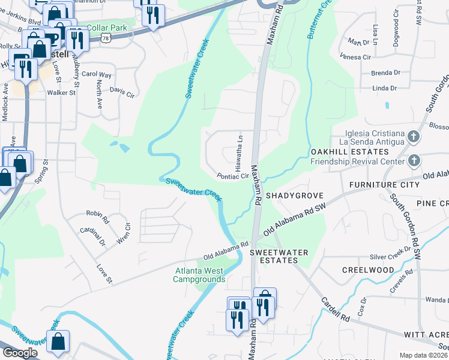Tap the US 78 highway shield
pyautogui.click(x=106, y=38)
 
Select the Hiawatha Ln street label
pyautogui.click(x=238, y=151)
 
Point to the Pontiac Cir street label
pyautogui.click(x=233, y=176)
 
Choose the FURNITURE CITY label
pyautogui.click(x=385, y=185)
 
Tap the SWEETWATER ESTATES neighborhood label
pyautogui.click(x=274, y=256)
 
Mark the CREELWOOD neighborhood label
pyautogui.click(x=367, y=270)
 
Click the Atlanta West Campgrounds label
pyautogui.click(x=199, y=275)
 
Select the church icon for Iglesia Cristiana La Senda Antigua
pyautogui.click(x=413, y=137)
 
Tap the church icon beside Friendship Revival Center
pyautogui.click(x=413, y=161)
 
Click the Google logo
pyautogui.click(x=20, y=352)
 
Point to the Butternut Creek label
pyautogui.click(x=319, y=20)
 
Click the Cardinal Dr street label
pyautogui.click(x=93, y=236)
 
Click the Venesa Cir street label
pyautogui.click(x=355, y=57)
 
